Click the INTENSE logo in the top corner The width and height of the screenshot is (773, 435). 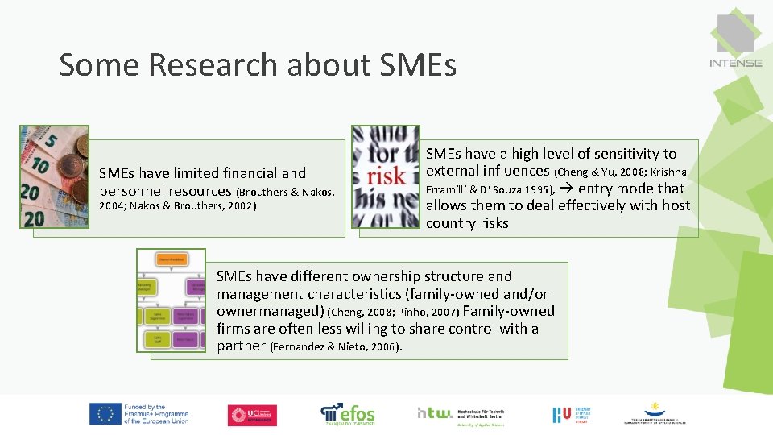[735, 41]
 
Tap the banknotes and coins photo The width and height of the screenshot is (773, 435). [55, 176]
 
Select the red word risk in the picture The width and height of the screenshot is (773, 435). [386, 176]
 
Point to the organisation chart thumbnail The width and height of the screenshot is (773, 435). [171, 300]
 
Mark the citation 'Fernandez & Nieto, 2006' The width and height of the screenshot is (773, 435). [336, 347]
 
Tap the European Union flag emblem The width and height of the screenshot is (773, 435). [105, 414]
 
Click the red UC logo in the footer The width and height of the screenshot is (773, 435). [252, 414]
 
